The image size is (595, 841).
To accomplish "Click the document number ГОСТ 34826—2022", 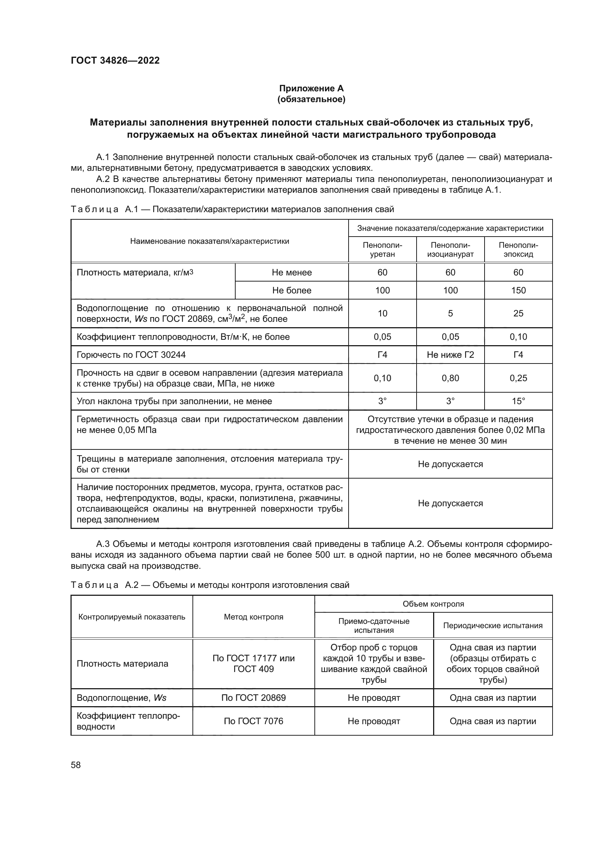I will point(115,60).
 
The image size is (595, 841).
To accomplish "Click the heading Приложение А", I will point(311,88).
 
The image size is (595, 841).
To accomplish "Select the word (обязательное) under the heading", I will point(311,99).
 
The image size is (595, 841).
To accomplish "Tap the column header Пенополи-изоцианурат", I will point(450,250).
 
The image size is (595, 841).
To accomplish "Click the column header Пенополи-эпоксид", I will point(518,250).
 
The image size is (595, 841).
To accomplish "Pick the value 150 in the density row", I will point(518,291).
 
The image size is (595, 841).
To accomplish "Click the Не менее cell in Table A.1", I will point(292,273).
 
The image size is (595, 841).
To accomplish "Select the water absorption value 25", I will point(518,314).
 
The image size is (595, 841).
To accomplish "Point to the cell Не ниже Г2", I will point(450,355).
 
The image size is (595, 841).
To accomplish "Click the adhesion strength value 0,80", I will point(450,378).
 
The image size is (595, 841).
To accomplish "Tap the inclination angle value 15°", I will point(518,401).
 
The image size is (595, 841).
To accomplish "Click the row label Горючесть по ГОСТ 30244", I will point(131,355).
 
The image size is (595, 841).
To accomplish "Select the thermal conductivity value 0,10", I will point(518,337).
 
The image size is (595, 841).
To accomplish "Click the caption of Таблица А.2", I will point(210,585).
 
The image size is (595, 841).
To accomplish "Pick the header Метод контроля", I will point(254,617).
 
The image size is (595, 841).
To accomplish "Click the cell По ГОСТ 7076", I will point(254,721).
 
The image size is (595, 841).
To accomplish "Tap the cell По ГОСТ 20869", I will point(254,698).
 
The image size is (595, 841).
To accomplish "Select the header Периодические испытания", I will point(492,626).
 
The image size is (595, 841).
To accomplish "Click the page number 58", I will point(76,765).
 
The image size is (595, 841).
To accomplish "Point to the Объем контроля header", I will point(433,604).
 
